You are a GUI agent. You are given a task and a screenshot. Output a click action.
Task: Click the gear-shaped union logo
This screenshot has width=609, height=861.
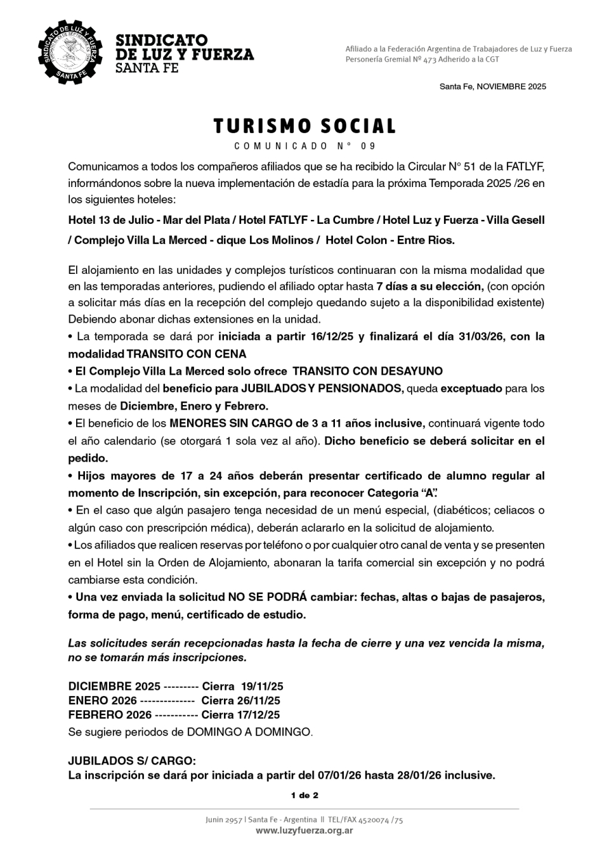[70, 53]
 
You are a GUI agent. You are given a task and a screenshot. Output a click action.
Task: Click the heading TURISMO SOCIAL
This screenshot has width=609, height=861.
[304, 126]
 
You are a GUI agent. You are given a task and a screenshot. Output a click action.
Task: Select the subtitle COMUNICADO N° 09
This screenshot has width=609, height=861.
[304, 146]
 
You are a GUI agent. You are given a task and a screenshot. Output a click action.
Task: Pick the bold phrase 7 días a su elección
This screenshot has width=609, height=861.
[429, 287]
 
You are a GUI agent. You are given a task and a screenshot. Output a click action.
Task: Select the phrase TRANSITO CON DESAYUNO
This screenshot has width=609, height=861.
[367, 371]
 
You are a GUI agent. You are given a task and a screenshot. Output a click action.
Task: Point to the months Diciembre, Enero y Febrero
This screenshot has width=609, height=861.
[194, 406]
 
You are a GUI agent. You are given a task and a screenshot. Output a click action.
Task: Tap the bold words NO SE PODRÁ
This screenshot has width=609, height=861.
[268, 597]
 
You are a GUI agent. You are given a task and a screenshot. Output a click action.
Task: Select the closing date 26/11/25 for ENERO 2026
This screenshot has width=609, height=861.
[259, 701]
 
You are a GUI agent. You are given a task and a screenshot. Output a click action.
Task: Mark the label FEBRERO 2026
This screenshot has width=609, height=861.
[110, 715]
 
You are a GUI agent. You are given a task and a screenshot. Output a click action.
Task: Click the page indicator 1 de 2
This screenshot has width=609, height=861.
[304, 795]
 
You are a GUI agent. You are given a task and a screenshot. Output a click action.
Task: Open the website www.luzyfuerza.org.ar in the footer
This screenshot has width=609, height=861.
[304, 831]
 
